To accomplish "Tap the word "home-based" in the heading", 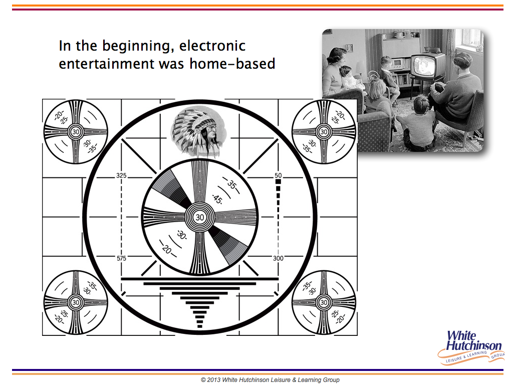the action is pyautogui.click(x=232, y=63).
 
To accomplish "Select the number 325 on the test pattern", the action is pyautogui.click(x=121, y=175).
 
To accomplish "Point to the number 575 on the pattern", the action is pyautogui.click(x=121, y=258).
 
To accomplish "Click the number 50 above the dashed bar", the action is pyautogui.click(x=278, y=175).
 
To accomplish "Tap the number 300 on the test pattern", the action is pyautogui.click(x=278, y=258).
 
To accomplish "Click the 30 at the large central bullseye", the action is pyautogui.click(x=199, y=217).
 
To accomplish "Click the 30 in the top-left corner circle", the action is pyautogui.click(x=76, y=132).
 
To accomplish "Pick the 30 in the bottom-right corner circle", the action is pyautogui.click(x=324, y=302).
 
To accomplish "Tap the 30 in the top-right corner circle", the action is pyautogui.click(x=324, y=132).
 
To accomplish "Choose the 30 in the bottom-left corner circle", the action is pyautogui.click(x=76, y=302).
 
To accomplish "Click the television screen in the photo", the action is pyautogui.click(x=422, y=66).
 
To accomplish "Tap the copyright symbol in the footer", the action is pyautogui.click(x=203, y=380).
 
